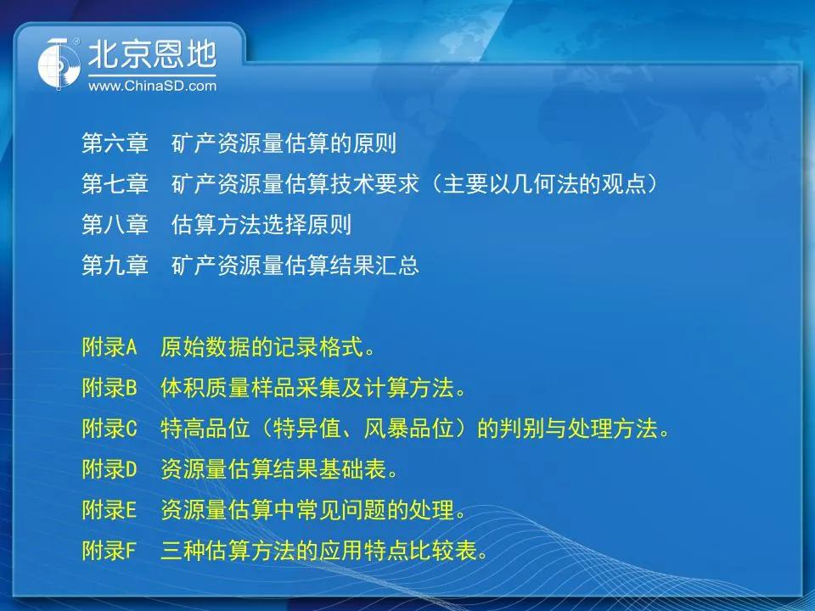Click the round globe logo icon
coord(59,64)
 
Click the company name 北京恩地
coord(152,54)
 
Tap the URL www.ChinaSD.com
coord(152,86)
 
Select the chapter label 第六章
coord(115,143)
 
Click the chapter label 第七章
coord(115,183)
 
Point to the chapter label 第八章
coord(115,224)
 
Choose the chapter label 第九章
coord(115,265)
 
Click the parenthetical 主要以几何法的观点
coord(544,183)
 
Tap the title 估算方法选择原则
coord(261,224)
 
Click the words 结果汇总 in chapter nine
coord(374,265)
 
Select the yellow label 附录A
coord(110,346)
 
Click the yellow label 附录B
coord(110,387)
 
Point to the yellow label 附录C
coord(110,428)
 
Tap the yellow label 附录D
coord(110,468)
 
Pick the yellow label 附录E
coord(110,509)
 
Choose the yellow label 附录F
coord(110,550)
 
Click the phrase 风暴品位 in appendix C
coord(408,428)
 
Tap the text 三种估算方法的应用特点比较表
coord(318,550)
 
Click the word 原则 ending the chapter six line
coord(374,143)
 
